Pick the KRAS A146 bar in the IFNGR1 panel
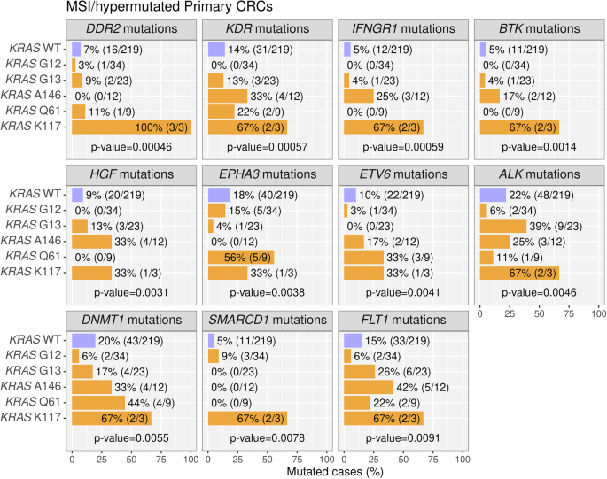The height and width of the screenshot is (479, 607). point(358,96)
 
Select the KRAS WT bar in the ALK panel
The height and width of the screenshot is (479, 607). point(493,193)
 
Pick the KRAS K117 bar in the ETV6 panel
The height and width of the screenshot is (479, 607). point(363,272)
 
